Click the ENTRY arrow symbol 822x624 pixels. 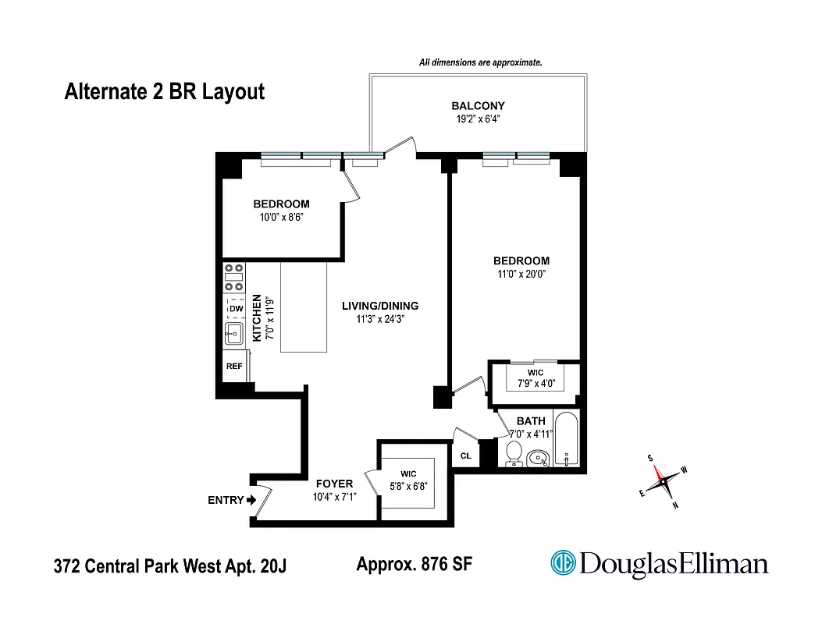251,501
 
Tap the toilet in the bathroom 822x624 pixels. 514,453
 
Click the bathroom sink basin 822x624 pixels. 537,458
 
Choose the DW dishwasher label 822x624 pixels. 235,310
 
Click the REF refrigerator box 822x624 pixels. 233,366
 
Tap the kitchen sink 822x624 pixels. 233,335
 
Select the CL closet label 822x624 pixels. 465,456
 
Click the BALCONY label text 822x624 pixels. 478,106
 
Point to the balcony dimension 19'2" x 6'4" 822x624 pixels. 478,120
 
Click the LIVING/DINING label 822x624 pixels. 380,306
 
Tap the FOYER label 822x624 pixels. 334,484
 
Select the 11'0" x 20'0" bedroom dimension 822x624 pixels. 521,275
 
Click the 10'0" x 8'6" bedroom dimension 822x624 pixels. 281,218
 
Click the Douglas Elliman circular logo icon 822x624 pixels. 563,563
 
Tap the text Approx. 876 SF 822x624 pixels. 414,564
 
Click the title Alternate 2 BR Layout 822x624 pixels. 164,92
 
